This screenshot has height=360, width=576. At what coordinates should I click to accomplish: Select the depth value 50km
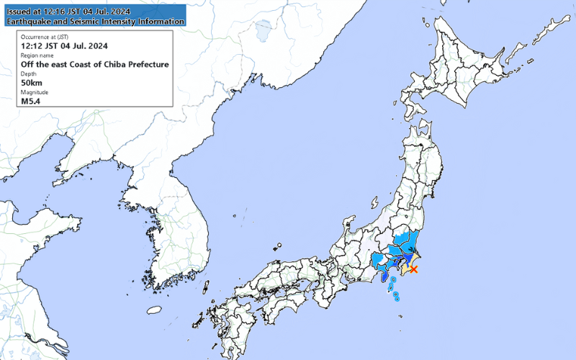(x=33, y=82)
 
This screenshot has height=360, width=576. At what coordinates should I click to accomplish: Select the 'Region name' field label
(x=37, y=55)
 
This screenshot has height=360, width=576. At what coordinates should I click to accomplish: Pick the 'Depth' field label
(x=28, y=73)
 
